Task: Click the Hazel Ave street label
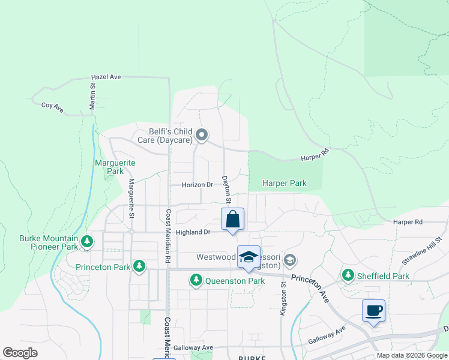click(106, 77)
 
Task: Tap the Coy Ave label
click(52, 105)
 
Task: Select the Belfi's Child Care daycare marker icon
click(202, 135)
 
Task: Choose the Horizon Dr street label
click(197, 185)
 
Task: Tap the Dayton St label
click(226, 184)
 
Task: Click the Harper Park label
click(285, 183)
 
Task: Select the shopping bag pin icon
click(232, 220)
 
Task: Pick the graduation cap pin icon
click(248, 257)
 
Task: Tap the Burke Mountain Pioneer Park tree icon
click(88, 242)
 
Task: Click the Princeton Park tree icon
click(139, 266)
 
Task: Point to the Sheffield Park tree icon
click(348, 275)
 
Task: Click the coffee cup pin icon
click(373, 311)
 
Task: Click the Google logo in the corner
click(20, 353)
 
